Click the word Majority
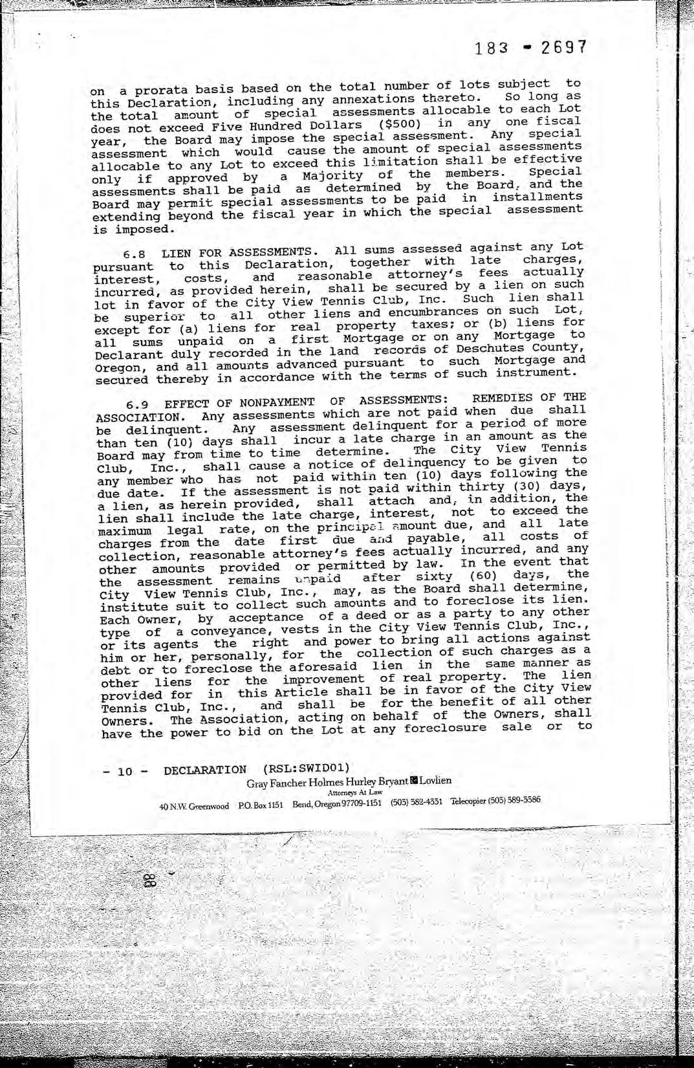pos(331,175)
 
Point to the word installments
pos(536,197)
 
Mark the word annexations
pos(374,99)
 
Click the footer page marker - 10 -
pos(125,771)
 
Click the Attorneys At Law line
pos(355,792)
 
